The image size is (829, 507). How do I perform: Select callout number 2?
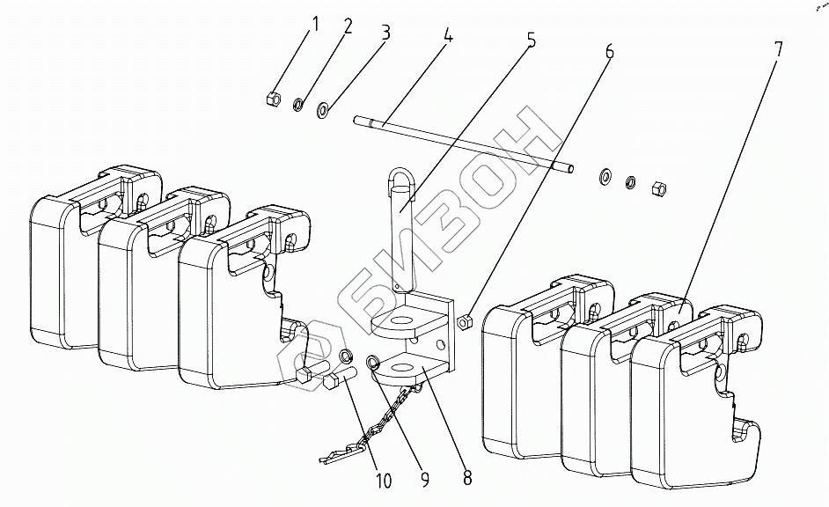coord(348,26)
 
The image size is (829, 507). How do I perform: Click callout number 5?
coord(531,42)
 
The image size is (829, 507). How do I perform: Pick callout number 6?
coord(608,51)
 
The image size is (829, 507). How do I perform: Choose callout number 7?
coord(777,49)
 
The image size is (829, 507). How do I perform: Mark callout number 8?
coord(466,479)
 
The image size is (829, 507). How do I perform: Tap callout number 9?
coord(424,479)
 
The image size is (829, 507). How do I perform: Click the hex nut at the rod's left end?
coord(273,97)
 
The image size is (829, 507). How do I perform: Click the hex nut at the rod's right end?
coord(657,187)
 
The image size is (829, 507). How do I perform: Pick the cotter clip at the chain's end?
coord(337,456)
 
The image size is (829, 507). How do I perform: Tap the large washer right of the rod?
coord(606,175)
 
